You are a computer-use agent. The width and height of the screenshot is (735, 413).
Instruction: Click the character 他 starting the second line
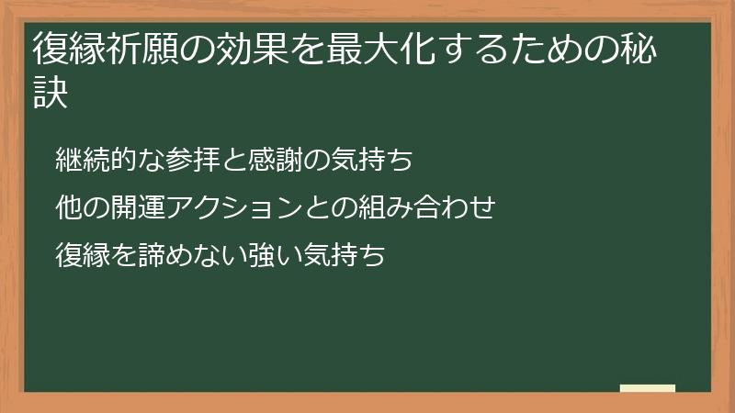click(x=68, y=207)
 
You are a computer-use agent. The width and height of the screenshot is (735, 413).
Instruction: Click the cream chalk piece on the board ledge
click(x=648, y=388)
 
